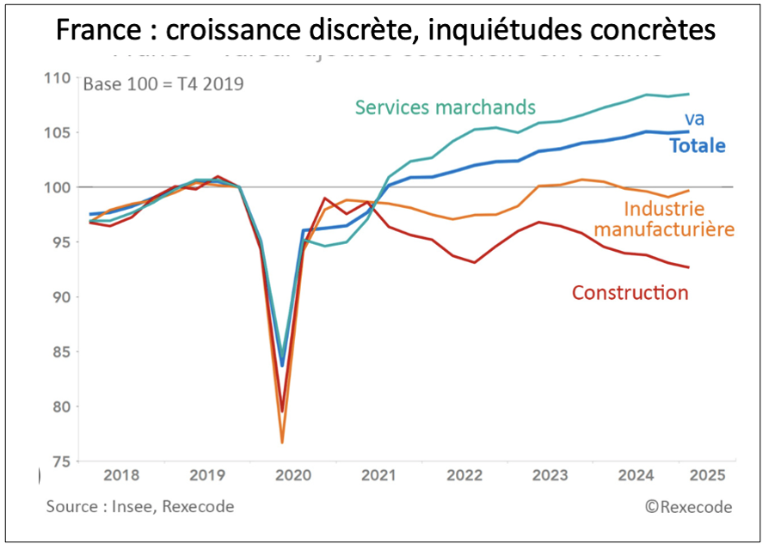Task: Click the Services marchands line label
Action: [446, 107]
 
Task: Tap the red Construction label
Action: [630, 293]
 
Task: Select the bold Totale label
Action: [697, 146]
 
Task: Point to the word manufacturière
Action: [665, 229]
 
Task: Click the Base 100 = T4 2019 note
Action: [163, 84]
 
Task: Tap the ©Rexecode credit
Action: [688, 507]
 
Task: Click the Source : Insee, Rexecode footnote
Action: [140, 507]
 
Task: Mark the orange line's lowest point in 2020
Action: [282, 443]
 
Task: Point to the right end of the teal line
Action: [689, 95]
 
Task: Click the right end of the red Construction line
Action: [689, 267]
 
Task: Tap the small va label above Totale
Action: [694, 119]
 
